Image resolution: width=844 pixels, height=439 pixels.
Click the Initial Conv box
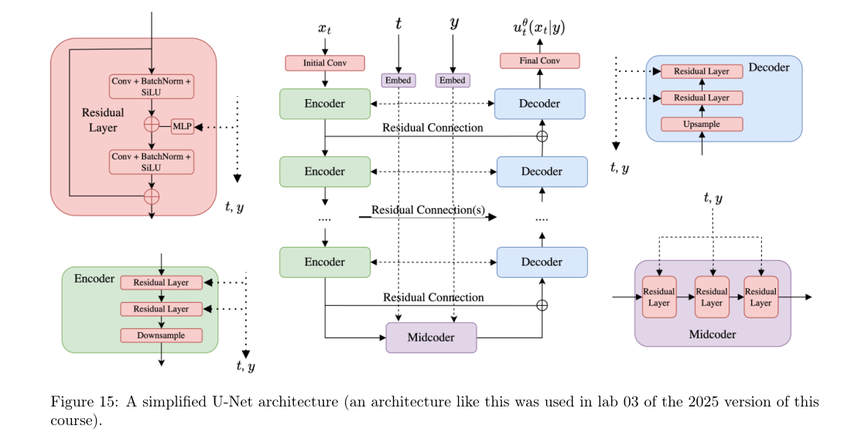tap(324, 63)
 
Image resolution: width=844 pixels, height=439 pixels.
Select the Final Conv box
tap(539, 60)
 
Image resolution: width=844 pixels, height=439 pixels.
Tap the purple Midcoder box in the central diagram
tap(431, 338)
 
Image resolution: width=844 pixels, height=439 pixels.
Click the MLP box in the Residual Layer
tap(182, 125)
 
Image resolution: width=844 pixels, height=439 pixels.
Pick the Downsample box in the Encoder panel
tap(161, 335)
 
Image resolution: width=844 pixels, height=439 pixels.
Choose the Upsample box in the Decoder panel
tap(702, 124)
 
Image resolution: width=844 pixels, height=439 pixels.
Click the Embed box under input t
tap(398, 80)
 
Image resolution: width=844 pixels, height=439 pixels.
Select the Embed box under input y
tap(453, 80)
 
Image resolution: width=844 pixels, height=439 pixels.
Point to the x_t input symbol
tap(324, 29)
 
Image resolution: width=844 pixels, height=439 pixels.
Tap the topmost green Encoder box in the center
tap(324, 104)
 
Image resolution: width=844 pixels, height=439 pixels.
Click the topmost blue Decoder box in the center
tap(539, 104)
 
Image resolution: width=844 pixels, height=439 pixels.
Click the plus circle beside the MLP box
tap(152, 125)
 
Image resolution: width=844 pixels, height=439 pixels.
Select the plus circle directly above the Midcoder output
tap(542, 305)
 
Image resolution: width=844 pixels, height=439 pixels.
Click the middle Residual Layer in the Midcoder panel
tap(711, 297)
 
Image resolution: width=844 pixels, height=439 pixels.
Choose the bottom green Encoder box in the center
tap(324, 262)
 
